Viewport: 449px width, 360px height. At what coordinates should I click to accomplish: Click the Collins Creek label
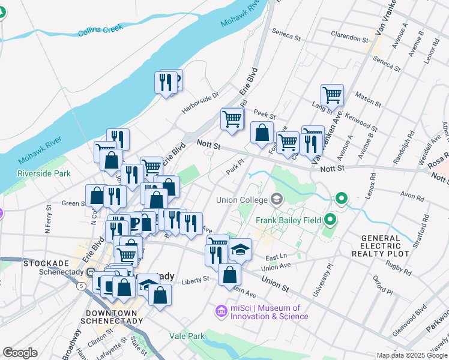100,29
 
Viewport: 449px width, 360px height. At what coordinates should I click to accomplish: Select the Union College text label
243,199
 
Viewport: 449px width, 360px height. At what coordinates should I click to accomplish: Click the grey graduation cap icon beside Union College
277,199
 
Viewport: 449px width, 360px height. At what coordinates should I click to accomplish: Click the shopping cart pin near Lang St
332,95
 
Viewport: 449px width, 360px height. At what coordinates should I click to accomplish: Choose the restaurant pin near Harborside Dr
166,82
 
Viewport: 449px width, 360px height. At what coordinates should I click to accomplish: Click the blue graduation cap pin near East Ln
240,250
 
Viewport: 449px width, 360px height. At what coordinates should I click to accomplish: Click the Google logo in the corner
20,353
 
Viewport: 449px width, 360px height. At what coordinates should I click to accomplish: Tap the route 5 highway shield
80,287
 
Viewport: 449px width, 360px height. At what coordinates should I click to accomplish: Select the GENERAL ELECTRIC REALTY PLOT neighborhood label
385,246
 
